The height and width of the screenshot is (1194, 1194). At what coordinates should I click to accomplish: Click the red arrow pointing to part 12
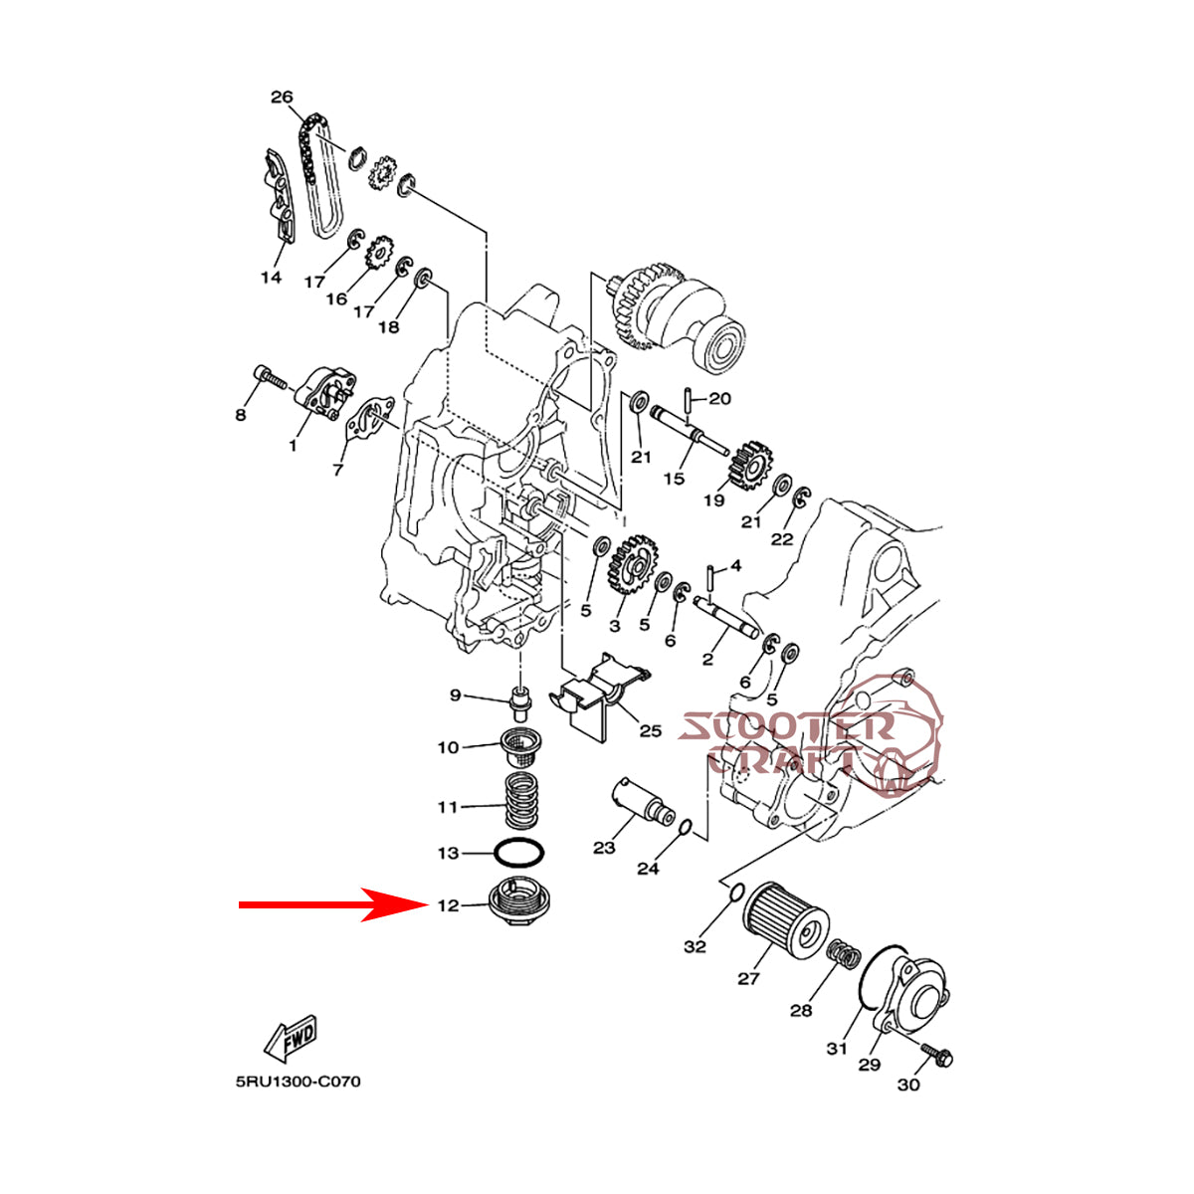pos(318,905)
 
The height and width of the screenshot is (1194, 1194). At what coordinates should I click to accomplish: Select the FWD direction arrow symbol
pos(291,1039)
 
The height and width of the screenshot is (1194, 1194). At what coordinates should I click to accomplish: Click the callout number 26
pos(282,98)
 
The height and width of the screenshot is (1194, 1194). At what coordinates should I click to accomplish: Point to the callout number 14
pos(272,278)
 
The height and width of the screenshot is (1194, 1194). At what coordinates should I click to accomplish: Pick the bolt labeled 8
pos(270,378)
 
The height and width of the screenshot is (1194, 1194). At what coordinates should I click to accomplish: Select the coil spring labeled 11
pos(519,802)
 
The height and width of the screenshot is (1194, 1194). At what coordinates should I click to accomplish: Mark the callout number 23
pos(605,848)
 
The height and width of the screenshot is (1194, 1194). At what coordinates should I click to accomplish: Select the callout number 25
pos(650,731)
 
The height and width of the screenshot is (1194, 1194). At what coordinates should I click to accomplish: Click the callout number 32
pos(695,946)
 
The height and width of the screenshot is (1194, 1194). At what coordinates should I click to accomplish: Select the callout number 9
pos(456,695)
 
